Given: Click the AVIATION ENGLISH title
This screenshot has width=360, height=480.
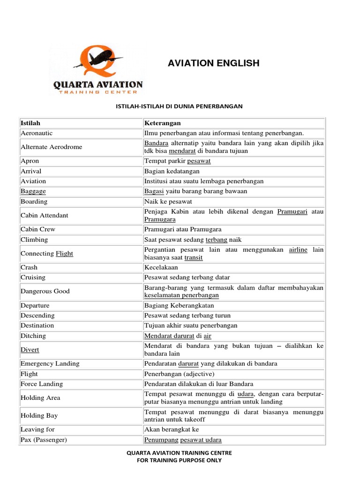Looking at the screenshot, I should (213, 63).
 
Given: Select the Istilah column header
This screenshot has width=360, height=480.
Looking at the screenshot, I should (30, 123).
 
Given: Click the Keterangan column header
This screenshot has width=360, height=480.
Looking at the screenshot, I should (163, 123).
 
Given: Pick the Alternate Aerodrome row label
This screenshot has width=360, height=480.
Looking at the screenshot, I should (51, 147).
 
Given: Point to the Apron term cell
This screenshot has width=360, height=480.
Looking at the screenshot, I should (30, 161).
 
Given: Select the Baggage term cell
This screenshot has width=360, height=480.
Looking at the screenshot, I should (33, 191).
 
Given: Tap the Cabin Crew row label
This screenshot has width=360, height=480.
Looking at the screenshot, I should (38, 229).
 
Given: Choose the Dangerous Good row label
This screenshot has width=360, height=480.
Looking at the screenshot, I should (45, 291).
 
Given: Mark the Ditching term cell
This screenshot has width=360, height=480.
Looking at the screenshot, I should (33, 336).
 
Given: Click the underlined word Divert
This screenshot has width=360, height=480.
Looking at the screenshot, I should (30, 350).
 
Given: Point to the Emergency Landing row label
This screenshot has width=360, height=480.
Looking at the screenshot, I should (50, 363).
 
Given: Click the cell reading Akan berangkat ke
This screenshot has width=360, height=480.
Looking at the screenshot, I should (172, 429).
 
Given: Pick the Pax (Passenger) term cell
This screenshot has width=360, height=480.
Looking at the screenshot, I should (44, 440).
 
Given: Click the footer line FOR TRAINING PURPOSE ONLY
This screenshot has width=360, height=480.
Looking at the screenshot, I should (179, 460).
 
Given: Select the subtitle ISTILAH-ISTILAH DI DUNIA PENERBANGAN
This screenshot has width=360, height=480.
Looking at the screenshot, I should (179, 106).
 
